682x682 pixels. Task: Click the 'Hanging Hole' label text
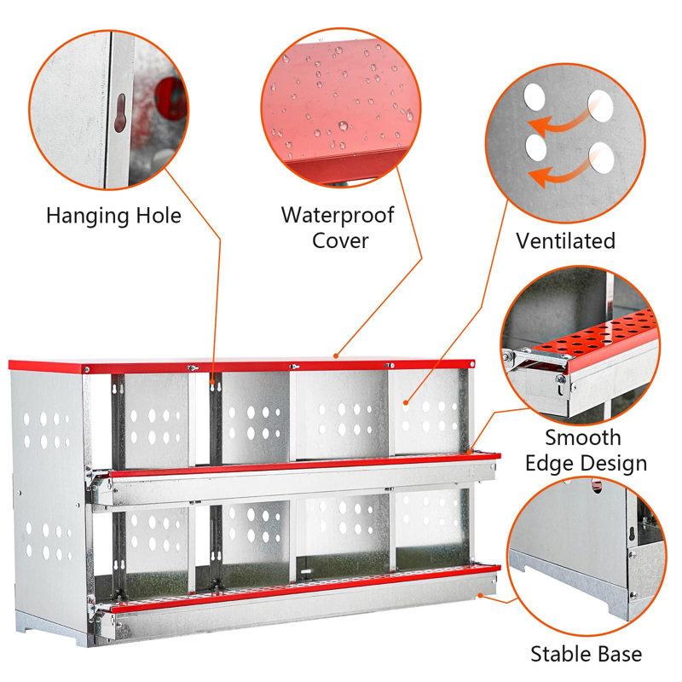(113, 216)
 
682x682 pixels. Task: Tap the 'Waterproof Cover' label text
(338, 227)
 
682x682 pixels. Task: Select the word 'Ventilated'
(565, 241)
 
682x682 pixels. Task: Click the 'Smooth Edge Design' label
(596, 450)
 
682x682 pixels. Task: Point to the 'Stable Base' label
(586, 655)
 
